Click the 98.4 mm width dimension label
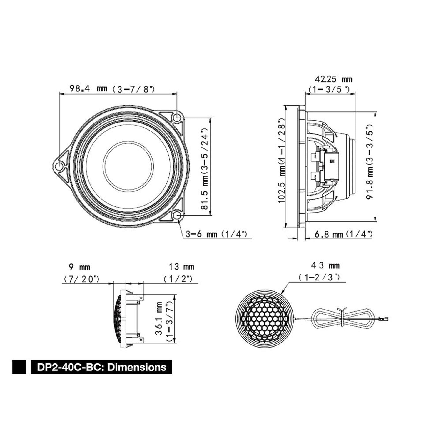click(112, 88)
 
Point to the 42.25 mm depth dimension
click(330, 84)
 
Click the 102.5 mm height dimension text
click(282, 160)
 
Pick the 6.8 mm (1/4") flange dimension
click(344, 234)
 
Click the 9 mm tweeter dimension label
click(80, 273)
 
